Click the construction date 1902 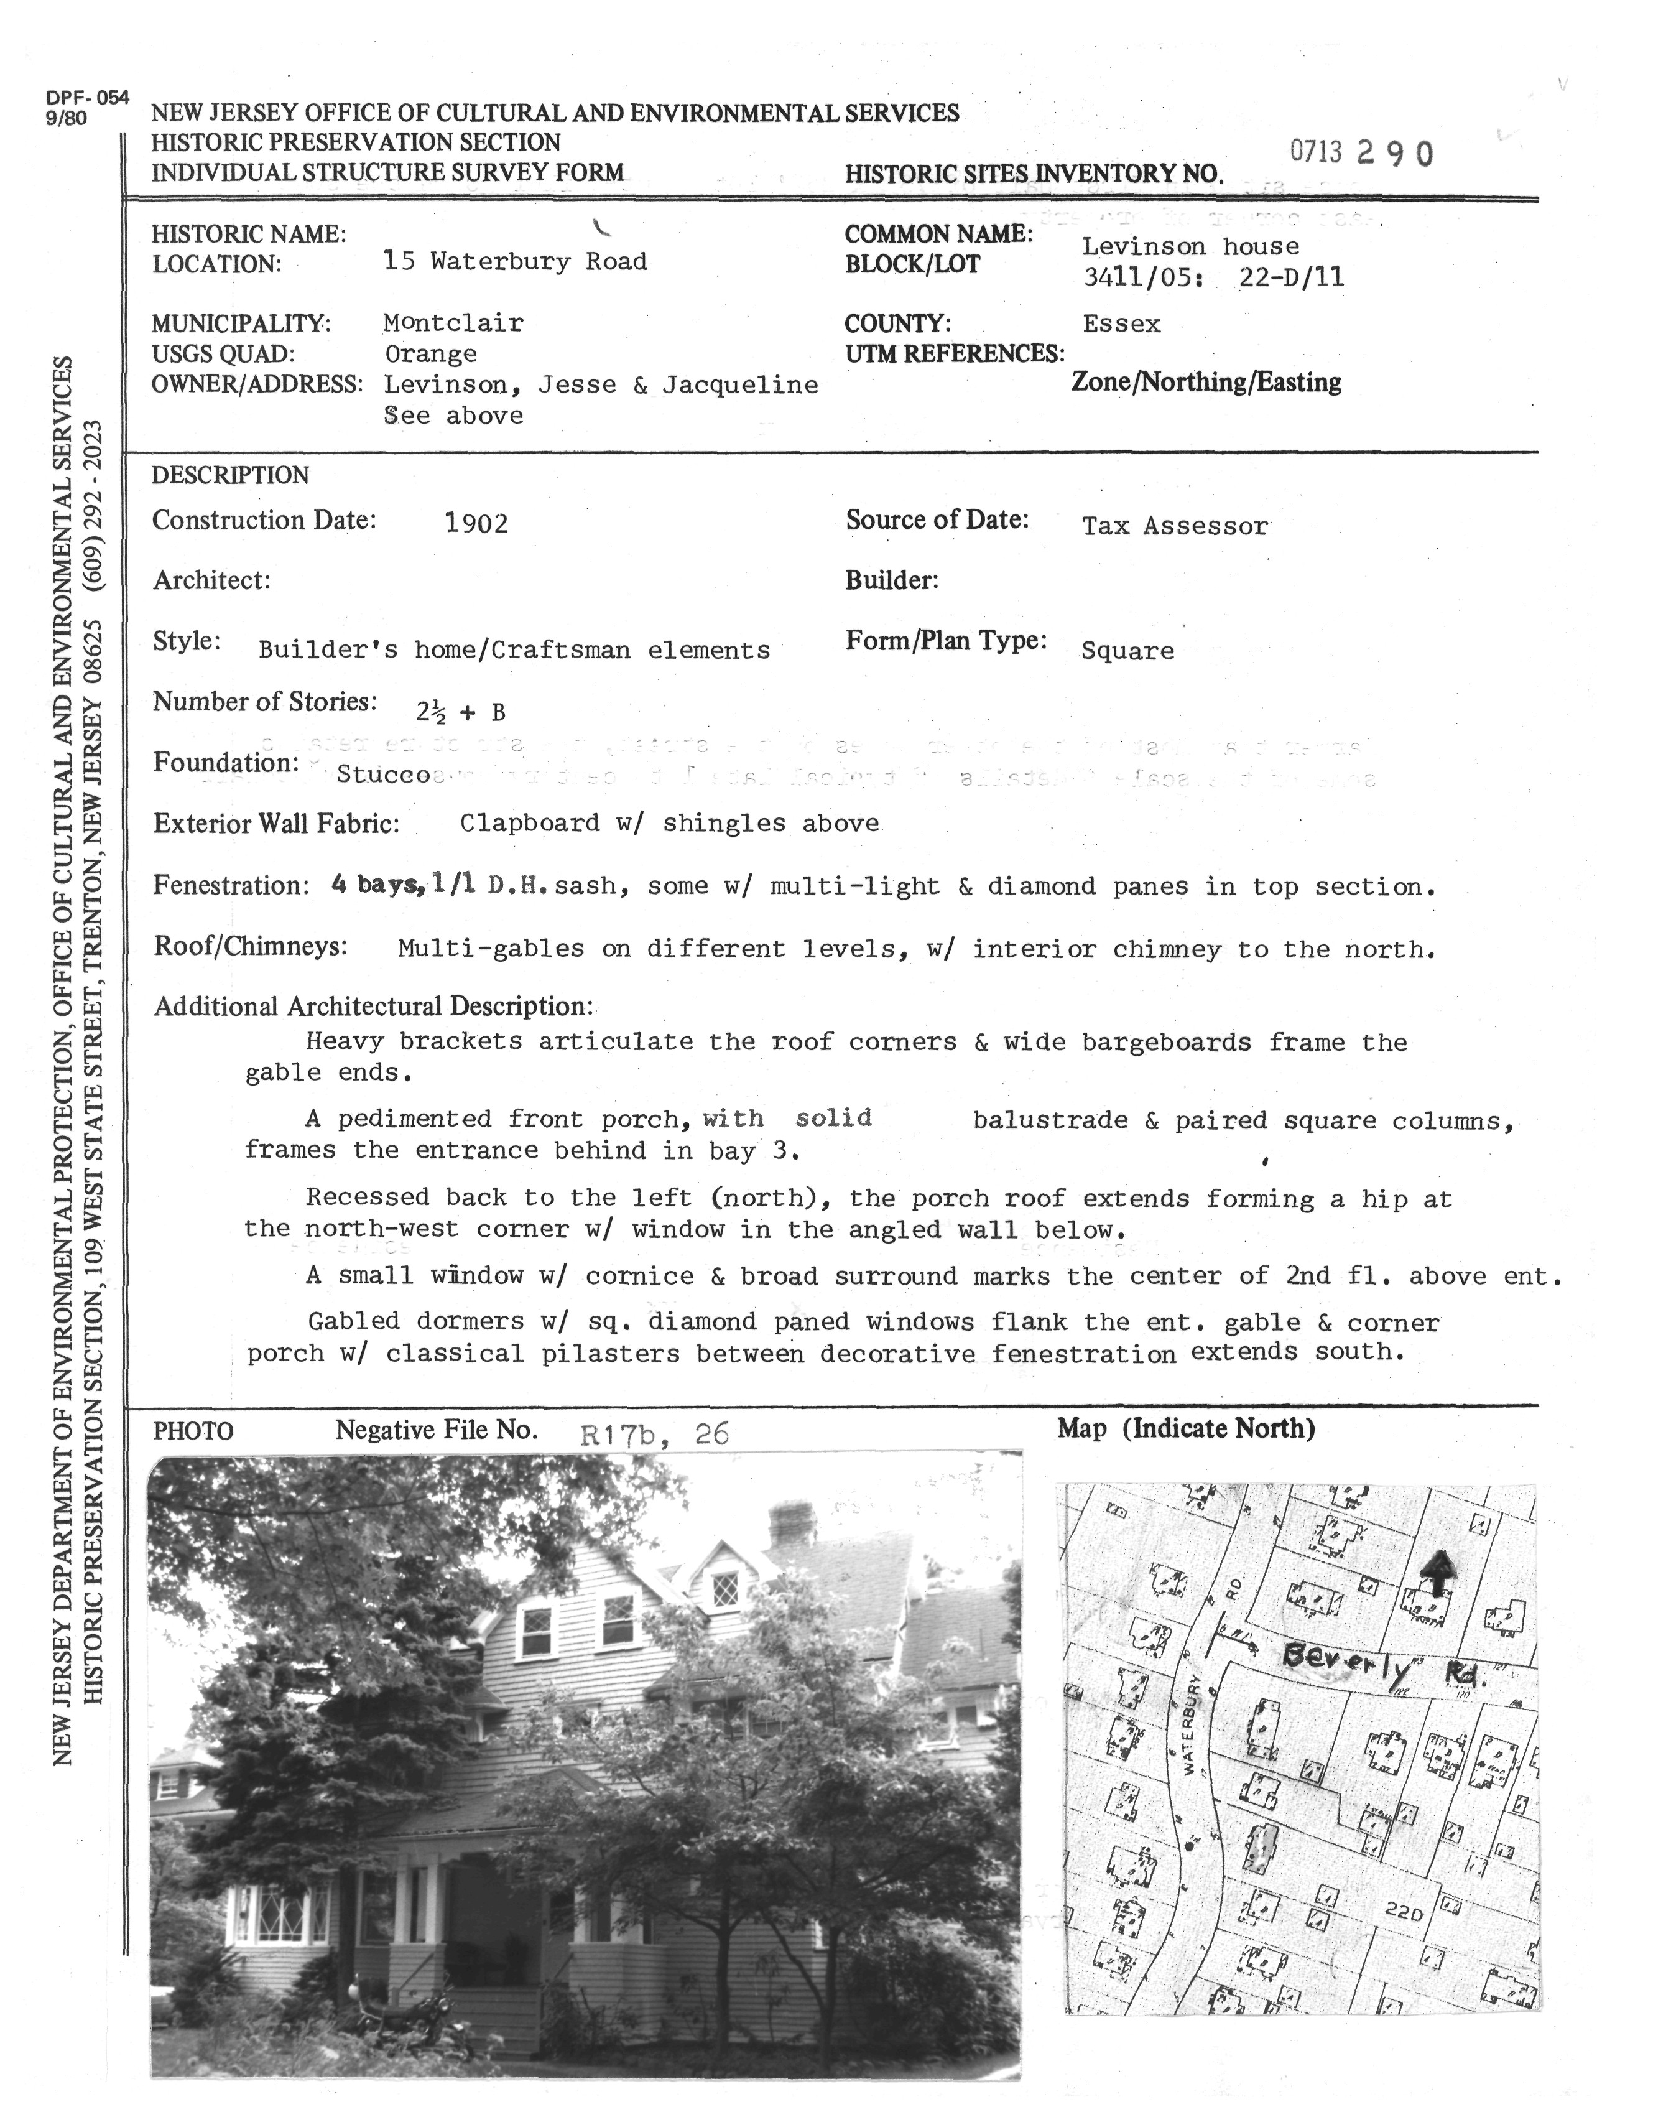pyautogui.click(x=476, y=524)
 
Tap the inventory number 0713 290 pyautogui.click(x=1362, y=154)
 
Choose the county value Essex pyautogui.click(x=1121, y=324)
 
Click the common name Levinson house pyautogui.click(x=1191, y=246)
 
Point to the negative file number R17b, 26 pyautogui.click(x=654, y=1435)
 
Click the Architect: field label pyautogui.click(x=211, y=581)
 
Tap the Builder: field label pyautogui.click(x=891, y=581)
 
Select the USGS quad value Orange pyautogui.click(x=430, y=355)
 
